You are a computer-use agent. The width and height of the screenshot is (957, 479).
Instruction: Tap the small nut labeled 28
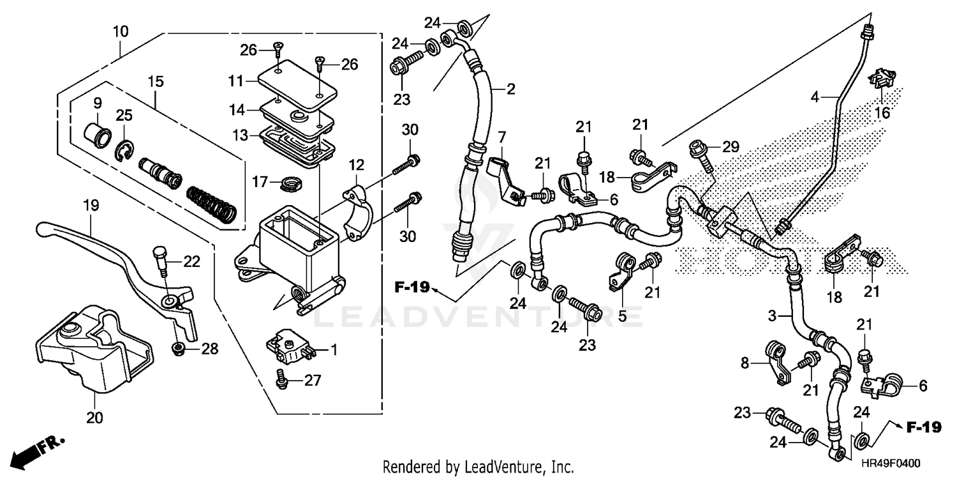179,349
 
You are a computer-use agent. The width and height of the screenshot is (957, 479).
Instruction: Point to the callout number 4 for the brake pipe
814,98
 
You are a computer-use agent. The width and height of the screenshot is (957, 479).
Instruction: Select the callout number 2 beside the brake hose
510,89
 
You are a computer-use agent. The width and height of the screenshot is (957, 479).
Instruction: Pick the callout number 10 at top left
121,31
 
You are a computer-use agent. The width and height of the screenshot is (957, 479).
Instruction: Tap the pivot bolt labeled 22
160,259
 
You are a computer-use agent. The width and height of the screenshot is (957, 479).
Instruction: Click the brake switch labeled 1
290,349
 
